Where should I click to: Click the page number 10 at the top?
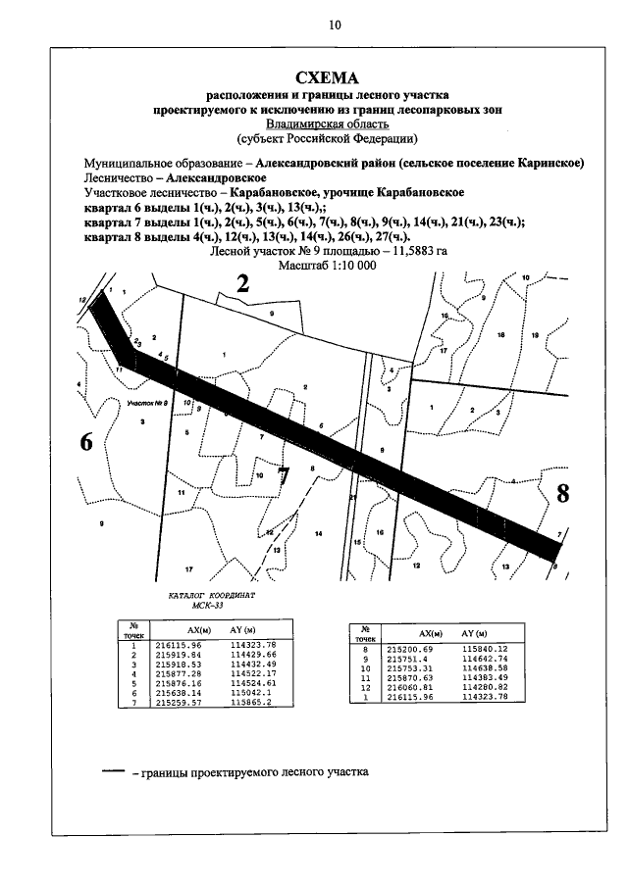click(335, 26)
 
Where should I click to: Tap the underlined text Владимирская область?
click(328, 124)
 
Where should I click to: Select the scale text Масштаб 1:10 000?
click(328, 265)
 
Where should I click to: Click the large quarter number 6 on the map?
click(86, 442)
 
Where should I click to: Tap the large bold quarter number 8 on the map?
click(562, 493)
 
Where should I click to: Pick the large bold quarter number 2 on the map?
click(244, 283)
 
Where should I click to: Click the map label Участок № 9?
click(149, 402)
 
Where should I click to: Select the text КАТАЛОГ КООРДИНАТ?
click(210, 595)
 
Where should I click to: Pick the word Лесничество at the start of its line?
click(121, 178)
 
